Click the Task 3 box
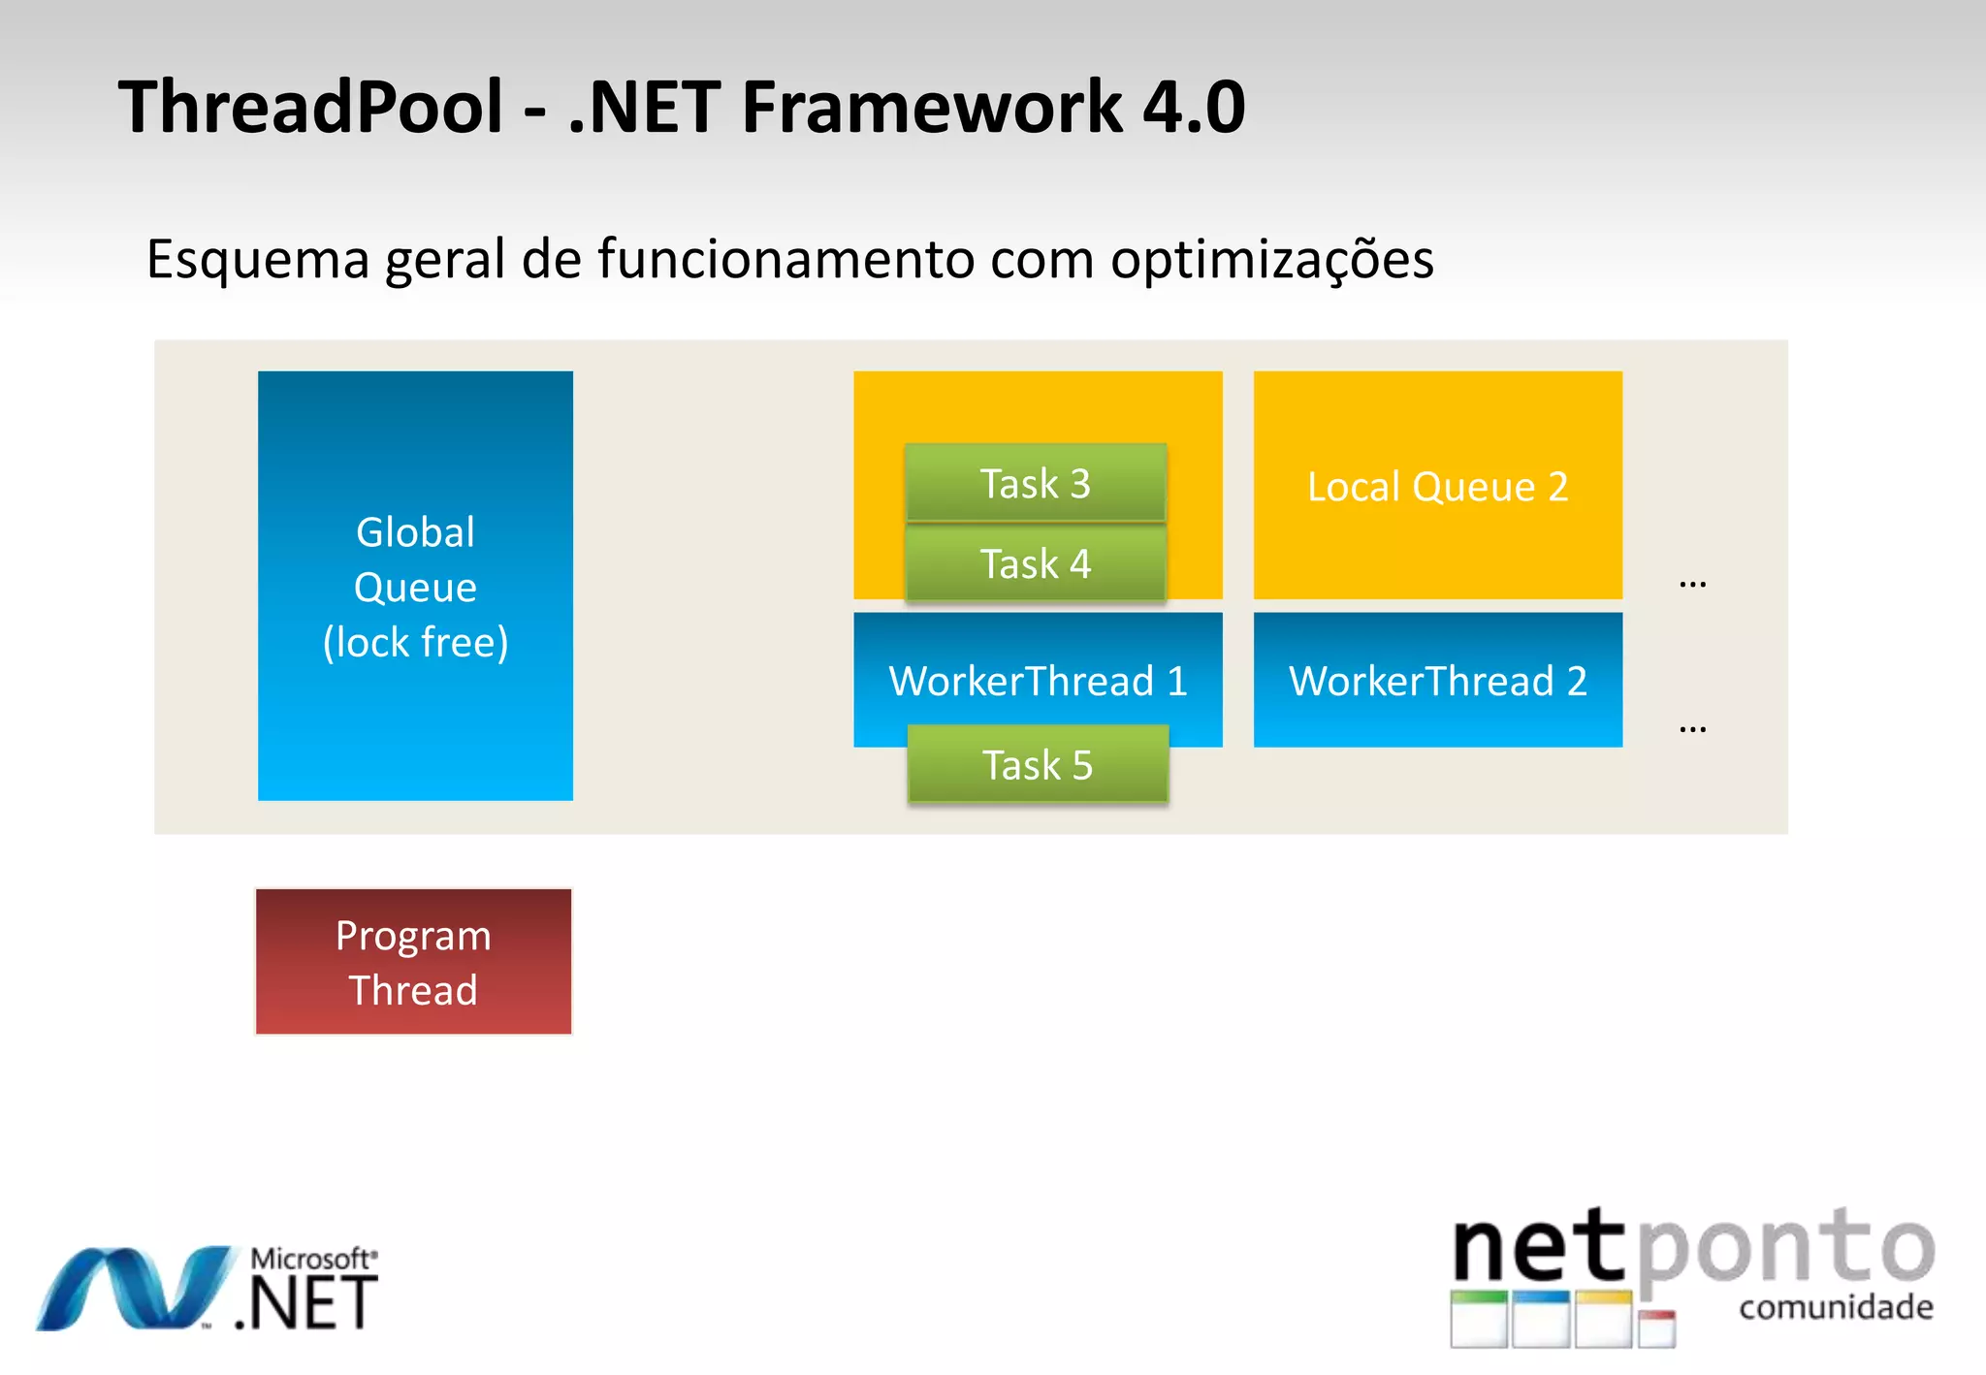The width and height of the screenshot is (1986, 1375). (1035, 483)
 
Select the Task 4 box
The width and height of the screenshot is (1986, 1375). (1035, 563)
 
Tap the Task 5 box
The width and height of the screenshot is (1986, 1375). (1038, 765)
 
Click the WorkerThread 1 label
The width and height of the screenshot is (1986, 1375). (1038, 681)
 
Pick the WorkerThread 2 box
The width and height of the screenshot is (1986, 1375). (1437, 680)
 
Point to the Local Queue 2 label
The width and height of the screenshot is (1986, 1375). (1437, 486)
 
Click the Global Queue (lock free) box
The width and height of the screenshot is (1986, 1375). (415, 586)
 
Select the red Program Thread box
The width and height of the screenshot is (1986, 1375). (413, 962)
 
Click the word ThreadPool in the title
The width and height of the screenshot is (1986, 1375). (310, 107)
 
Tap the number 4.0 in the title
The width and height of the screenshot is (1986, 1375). (1194, 107)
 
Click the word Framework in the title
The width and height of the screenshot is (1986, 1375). (931, 107)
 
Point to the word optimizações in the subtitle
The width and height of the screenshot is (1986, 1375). (1271, 260)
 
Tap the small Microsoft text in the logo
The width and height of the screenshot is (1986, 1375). (312, 1259)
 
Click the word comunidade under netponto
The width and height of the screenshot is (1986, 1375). (1836, 1307)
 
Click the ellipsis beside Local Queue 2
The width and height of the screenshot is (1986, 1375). (1692, 584)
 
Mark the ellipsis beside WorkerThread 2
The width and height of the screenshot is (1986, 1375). (1692, 728)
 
